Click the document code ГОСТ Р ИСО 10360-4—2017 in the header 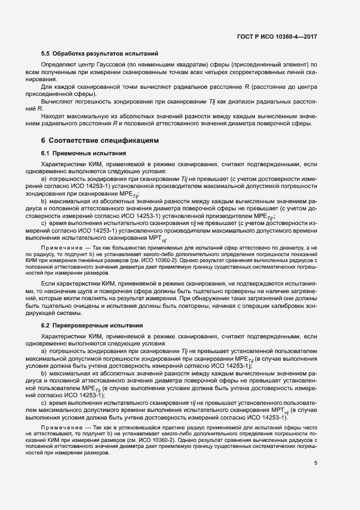(277, 37)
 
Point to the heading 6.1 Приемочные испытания (84, 153)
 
